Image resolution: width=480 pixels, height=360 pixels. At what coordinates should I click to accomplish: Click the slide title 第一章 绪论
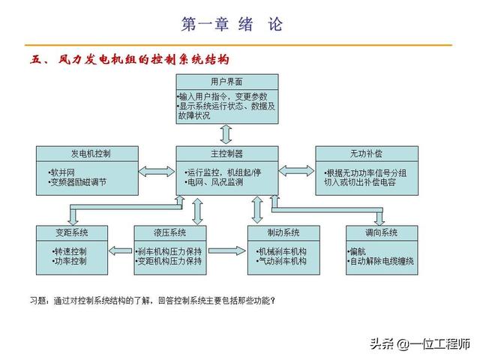232,24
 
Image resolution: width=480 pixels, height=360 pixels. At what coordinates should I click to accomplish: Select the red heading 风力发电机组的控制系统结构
142,59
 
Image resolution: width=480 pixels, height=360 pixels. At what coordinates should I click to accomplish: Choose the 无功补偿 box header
365,153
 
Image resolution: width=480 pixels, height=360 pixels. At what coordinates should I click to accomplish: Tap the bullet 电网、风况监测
214,182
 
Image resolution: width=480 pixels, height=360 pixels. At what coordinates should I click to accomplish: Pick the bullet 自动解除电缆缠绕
382,261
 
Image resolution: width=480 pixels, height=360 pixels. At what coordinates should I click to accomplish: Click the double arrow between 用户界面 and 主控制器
226,133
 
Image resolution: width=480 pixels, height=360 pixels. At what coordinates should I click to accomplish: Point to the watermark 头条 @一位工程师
422,343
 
